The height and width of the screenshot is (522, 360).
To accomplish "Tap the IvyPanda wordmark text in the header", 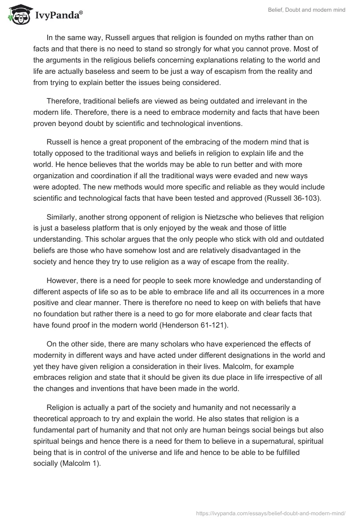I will click(58, 15).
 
